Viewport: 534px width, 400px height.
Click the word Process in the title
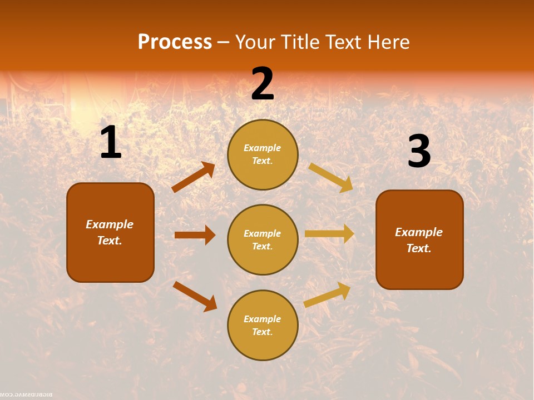tap(175, 42)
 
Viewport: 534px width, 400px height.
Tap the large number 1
tap(111, 143)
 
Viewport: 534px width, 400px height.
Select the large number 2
tap(263, 84)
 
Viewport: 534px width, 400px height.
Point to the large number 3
tap(419, 151)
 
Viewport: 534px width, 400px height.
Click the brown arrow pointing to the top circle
tap(194, 177)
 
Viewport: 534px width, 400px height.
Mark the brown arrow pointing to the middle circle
tap(195, 235)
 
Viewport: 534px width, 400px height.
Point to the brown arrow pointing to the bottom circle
tap(195, 296)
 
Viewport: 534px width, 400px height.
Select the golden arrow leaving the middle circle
tap(329, 234)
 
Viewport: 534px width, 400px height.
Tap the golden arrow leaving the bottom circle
tap(328, 294)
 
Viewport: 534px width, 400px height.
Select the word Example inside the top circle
tap(263, 148)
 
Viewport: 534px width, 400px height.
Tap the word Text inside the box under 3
tap(419, 248)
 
